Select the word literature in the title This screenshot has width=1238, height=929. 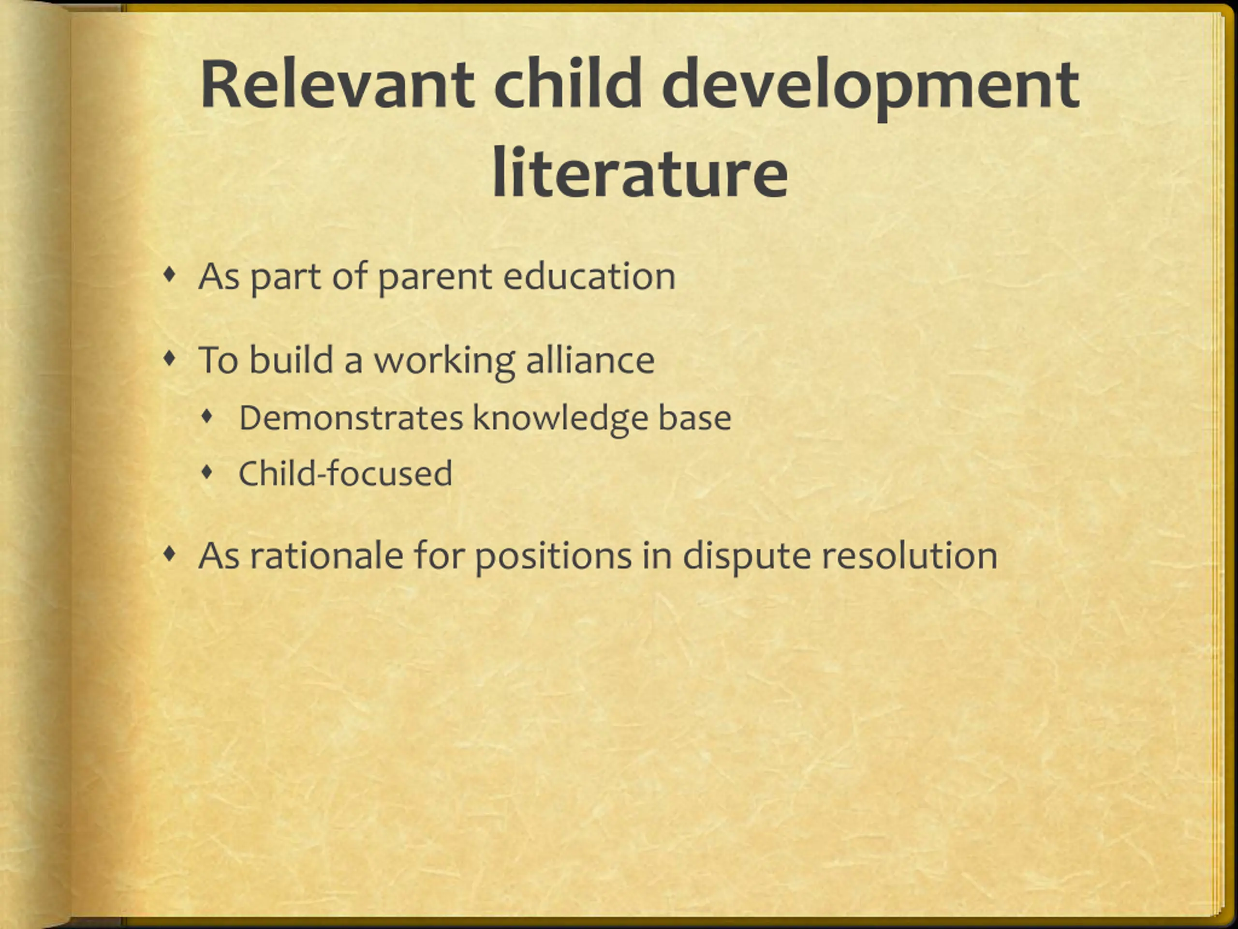[640, 172]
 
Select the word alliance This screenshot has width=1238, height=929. [590, 359]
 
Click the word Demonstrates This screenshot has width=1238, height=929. [351, 418]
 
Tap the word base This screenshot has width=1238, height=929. [694, 418]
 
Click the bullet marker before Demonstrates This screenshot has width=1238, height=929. [207, 417]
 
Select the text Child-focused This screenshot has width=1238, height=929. [345, 473]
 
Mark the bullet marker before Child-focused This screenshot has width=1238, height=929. [207, 473]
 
